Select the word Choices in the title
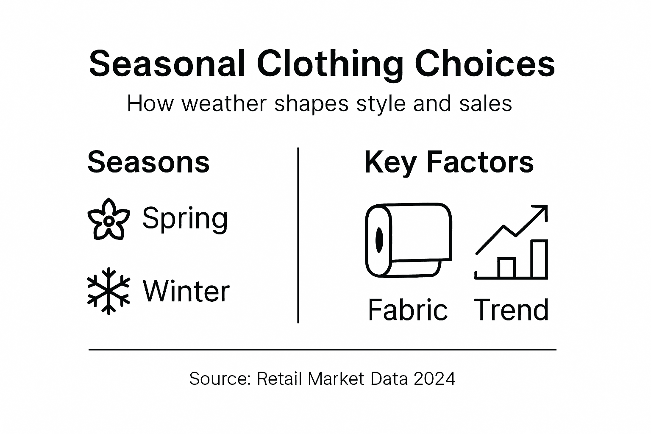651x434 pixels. [x=485, y=64]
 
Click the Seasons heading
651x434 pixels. [x=148, y=162]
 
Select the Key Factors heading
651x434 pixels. [x=448, y=163]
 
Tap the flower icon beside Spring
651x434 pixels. [x=108, y=219]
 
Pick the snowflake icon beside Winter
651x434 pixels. [x=108, y=291]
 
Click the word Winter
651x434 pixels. [x=186, y=291]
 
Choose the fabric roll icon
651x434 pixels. [x=408, y=240]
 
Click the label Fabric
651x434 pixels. [x=407, y=310]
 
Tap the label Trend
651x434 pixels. [x=511, y=310]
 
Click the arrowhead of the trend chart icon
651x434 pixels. [x=541, y=211]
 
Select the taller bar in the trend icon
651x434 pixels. [x=539, y=259]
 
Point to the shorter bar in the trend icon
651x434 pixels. [x=506, y=268]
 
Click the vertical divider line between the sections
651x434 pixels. [x=298, y=235]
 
